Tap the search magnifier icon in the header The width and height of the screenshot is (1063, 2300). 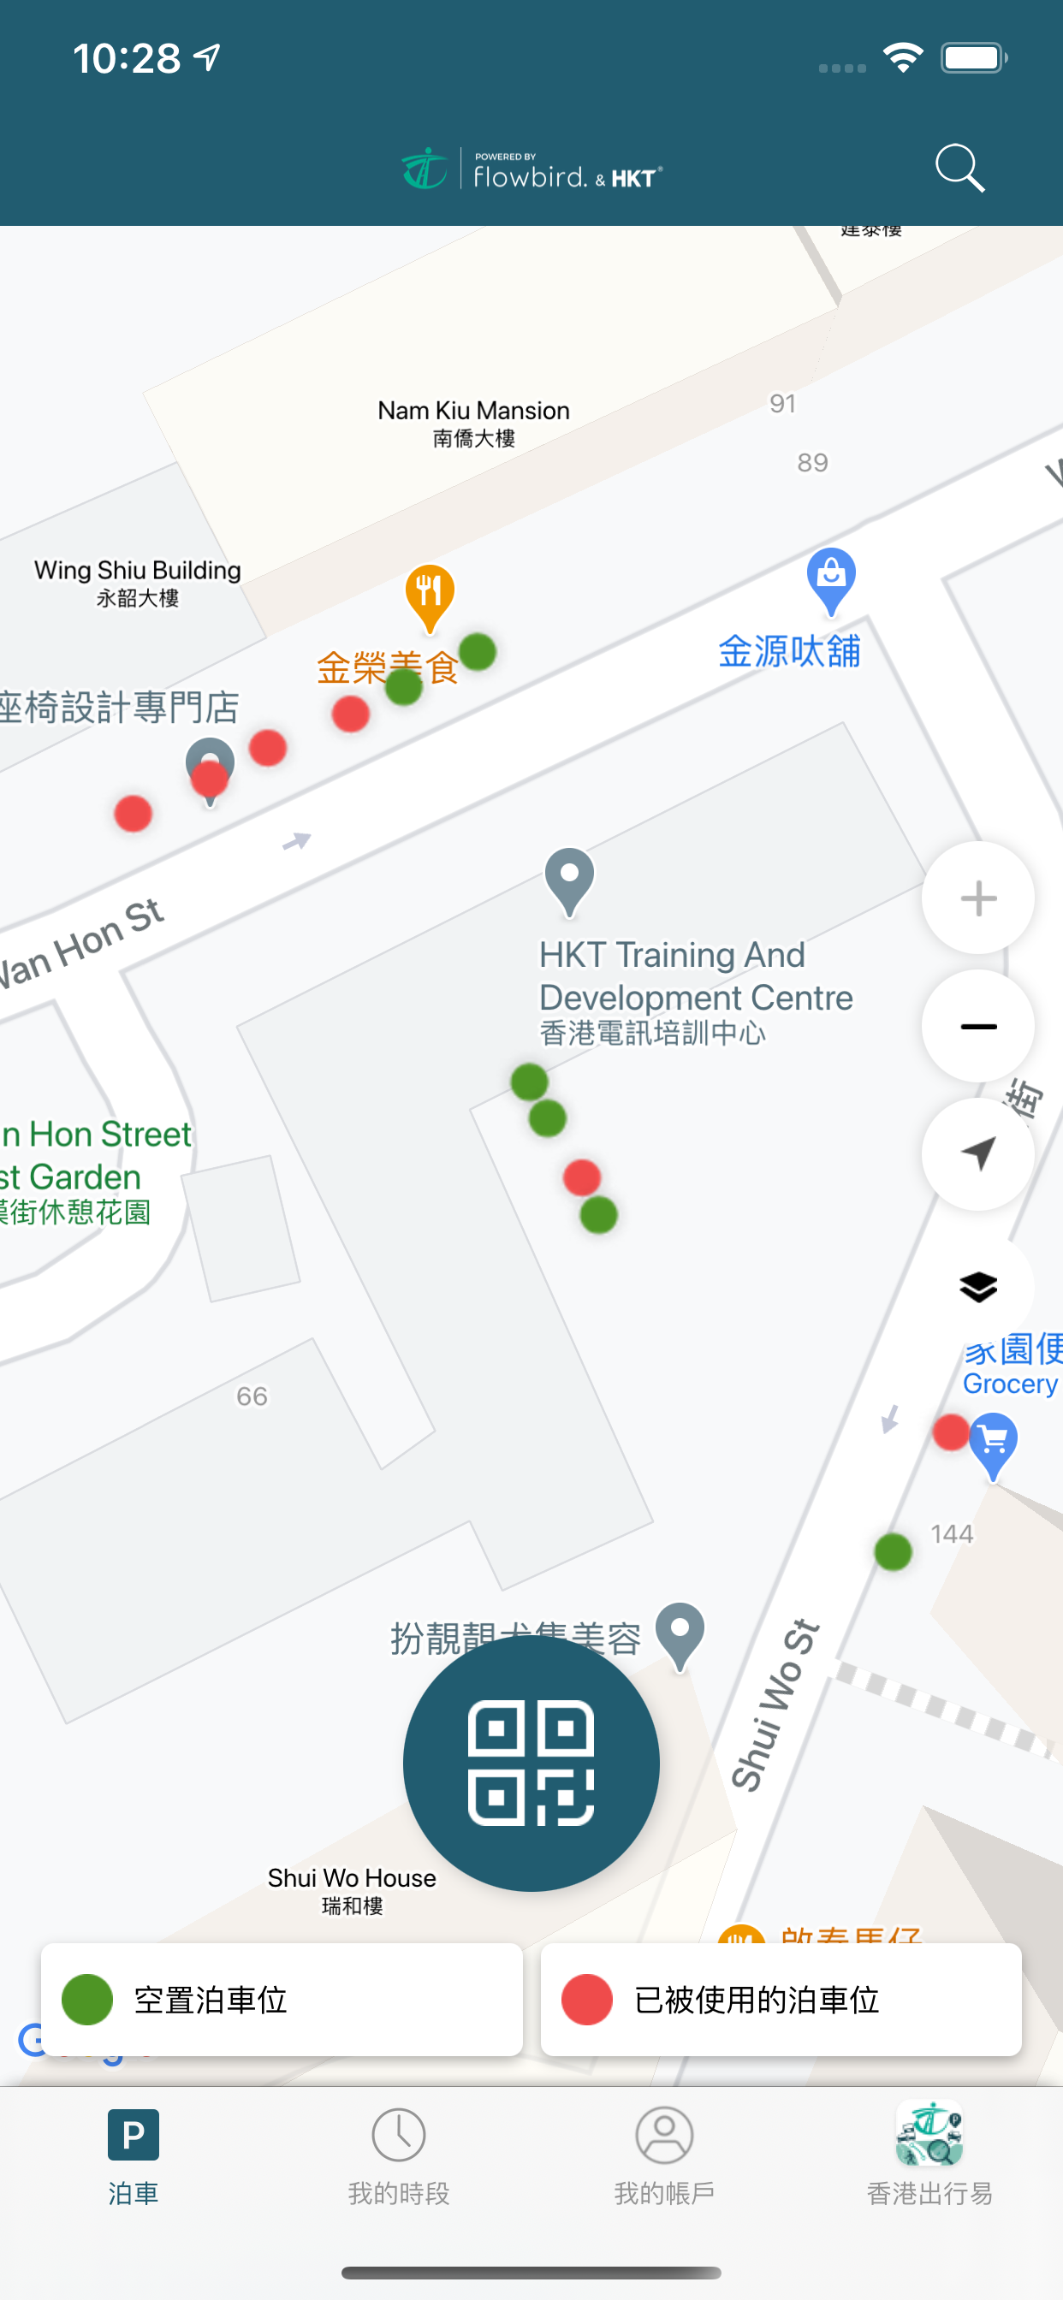[x=959, y=168]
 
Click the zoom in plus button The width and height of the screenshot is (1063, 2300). [x=978, y=898]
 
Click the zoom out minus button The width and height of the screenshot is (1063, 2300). [x=978, y=1027]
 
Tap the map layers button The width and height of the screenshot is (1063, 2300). [x=978, y=1287]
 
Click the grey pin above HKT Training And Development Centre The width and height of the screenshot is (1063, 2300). [x=569, y=879]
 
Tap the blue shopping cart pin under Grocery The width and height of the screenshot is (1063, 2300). [x=994, y=1443]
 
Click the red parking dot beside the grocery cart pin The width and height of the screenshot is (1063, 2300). [x=950, y=1432]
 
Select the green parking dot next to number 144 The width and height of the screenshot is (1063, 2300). [x=893, y=1552]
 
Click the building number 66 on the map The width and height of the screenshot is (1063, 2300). [x=252, y=1396]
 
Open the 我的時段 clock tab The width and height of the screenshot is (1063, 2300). [x=398, y=2153]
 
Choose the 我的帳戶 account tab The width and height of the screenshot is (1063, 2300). [x=663, y=2153]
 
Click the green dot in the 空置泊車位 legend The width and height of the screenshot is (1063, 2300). [x=87, y=2000]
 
